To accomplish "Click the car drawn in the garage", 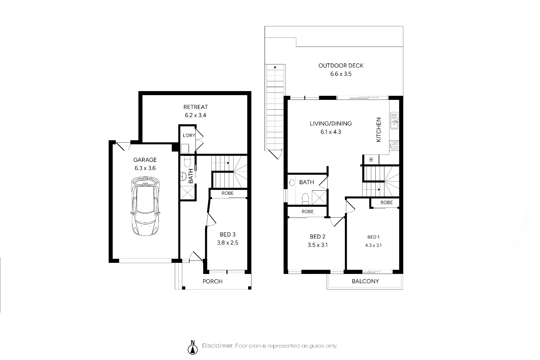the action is [145, 206].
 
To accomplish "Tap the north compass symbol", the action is [193, 348].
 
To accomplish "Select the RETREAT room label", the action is [195, 107].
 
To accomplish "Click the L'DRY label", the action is [189, 135].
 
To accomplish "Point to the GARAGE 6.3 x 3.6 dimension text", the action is [145, 168].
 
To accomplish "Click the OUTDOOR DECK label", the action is [341, 65].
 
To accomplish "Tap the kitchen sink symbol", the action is [394, 120].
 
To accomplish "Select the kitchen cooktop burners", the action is [395, 146].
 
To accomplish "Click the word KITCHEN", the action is [378, 130].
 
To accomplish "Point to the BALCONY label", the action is [365, 281].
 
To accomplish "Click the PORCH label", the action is [212, 281].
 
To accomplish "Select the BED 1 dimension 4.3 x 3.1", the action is [373, 246].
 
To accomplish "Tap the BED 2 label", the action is [318, 237].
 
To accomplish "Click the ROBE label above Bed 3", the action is [227, 193].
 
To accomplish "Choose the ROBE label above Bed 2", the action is [307, 212].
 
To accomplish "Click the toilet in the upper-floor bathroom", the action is [305, 198].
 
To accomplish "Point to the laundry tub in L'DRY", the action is [185, 148].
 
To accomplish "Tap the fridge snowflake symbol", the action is [371, 159].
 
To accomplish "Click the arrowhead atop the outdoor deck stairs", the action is [275, 67].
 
